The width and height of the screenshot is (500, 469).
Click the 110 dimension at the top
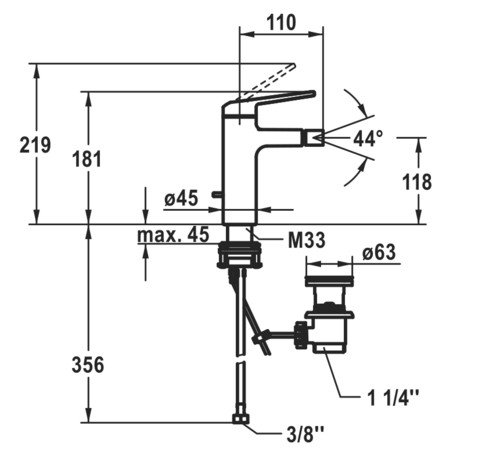(x=281, y=23)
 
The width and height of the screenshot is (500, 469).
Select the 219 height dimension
(x=35, y=145)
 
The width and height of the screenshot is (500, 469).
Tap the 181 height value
(x=87, y=159)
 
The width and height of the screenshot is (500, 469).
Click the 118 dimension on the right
(x=417, y=182)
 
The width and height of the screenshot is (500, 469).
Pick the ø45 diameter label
(x=181, y=199)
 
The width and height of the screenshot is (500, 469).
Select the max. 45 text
(x=173, y=234)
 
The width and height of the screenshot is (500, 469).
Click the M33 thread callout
(x=306, y=240)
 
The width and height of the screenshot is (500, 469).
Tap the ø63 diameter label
(x=379, y=252)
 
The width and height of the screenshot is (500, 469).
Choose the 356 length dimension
(x=88, y=365)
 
